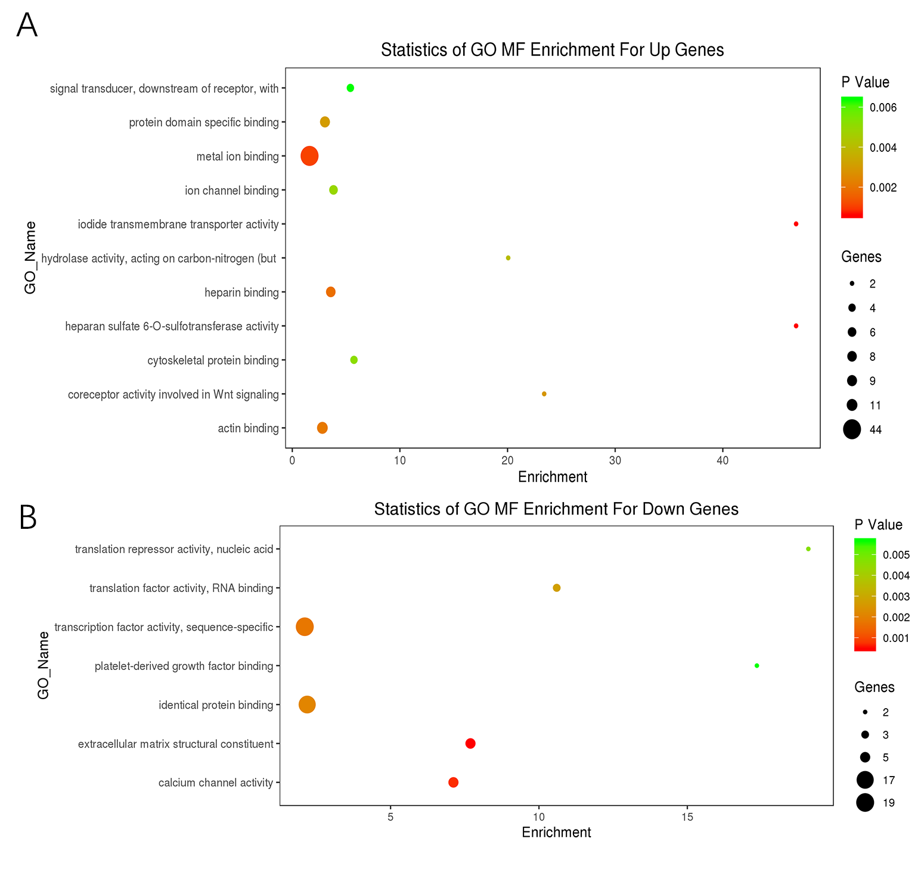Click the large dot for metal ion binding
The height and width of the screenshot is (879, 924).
(309, 156)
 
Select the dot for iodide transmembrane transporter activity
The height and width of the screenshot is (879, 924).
(796, 224)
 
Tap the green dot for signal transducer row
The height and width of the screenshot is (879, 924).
(351, 88)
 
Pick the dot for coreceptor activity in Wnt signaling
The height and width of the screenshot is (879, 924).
(544, 394)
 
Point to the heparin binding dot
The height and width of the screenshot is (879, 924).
(331, 292)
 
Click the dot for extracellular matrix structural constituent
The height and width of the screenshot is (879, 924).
(470, 743)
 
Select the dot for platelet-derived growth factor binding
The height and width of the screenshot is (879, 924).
(757, 666)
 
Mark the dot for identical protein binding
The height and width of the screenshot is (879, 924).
(307, 705)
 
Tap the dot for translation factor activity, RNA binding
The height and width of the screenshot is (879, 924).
(557, 588)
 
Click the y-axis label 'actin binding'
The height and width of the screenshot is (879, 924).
(248, 428)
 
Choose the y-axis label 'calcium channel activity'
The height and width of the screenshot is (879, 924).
(215, 783)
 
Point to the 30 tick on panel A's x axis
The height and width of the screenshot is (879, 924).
(615, 460)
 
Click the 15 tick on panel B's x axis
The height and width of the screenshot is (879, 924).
(687, 817)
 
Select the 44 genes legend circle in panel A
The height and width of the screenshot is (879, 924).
(852, 429)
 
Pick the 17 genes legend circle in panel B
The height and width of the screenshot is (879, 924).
(865, 780)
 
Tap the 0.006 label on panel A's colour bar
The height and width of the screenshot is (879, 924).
(883, 108)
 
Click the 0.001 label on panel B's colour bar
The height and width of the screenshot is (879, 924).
(896, 638)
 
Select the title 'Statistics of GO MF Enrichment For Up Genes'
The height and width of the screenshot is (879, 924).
(552, 50)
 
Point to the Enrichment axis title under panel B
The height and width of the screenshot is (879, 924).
(556, 833)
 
